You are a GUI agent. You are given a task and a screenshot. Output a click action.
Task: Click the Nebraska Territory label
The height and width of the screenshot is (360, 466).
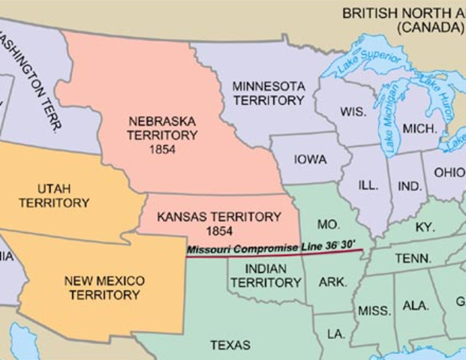tap(162, 128)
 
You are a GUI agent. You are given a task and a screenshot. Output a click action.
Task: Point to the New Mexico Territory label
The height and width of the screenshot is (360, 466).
tap(104, 287)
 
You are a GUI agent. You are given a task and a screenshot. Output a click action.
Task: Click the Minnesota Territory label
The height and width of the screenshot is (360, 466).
tap(268, 93)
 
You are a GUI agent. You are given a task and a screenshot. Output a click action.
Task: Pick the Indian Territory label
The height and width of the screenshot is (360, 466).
tap(266, 275)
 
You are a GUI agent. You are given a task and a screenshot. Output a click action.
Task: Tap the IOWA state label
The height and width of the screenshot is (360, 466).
tap(310, 160)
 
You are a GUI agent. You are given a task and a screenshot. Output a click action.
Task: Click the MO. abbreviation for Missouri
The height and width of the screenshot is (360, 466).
tap(329, 224)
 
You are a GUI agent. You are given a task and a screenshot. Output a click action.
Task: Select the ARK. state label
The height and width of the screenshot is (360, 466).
tap(332, 282)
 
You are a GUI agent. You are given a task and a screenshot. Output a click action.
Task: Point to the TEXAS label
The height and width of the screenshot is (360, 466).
tap(230, 345)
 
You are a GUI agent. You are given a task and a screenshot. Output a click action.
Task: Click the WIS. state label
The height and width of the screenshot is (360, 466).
tap(353, 111)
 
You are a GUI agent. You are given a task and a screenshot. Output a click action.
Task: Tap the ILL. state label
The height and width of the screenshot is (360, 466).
tap(368, 184)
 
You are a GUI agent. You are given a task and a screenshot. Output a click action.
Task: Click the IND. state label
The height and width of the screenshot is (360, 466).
tap(410, 185)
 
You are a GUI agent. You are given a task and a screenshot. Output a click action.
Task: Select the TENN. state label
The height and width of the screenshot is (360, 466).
tap(413, 258)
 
